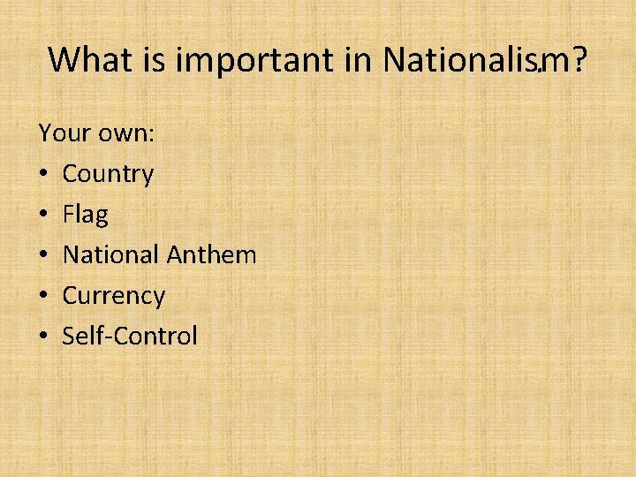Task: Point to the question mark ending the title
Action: coord(579,60)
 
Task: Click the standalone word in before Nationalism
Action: coord(358,60)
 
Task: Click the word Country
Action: coord(108,174)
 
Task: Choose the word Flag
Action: coord(86,215)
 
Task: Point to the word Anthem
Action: coord(211,255)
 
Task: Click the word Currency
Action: coord(113,296)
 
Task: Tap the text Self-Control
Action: coord(130,336)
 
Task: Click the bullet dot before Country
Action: coord(43,175)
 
